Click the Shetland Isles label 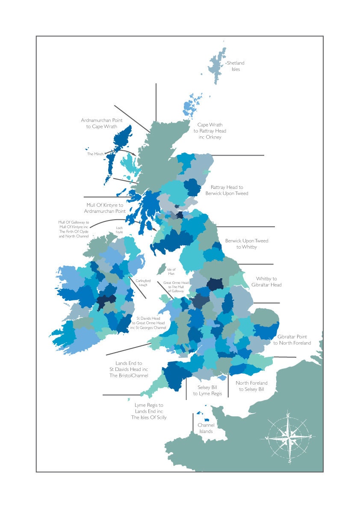point(236,66)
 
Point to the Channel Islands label point(206,428)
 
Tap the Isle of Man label point(171,271)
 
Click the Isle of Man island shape point(161,269)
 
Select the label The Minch point(95,154)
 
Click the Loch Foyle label point(119,230)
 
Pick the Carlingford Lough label point(143,282)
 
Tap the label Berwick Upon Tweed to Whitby point(247,244)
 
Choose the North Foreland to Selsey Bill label point(251,386)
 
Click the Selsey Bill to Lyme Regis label point(207,390)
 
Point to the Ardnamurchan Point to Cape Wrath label point(99,124)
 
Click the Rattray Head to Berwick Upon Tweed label point(227,190)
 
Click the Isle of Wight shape point(222,378)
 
